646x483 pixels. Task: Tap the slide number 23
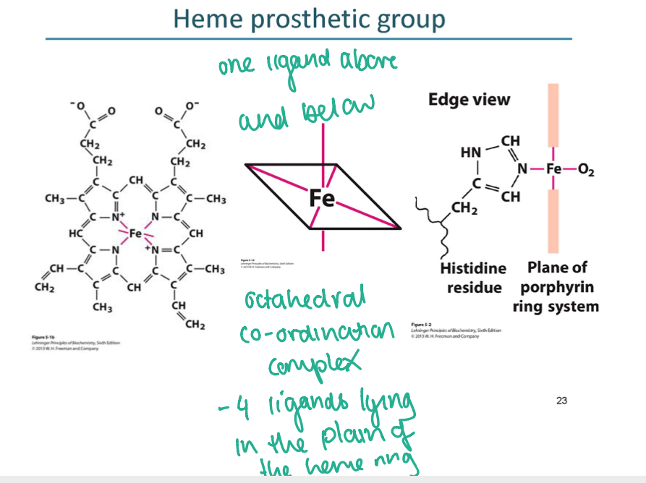coord(562,401)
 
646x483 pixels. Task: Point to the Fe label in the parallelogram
coord(321,197)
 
